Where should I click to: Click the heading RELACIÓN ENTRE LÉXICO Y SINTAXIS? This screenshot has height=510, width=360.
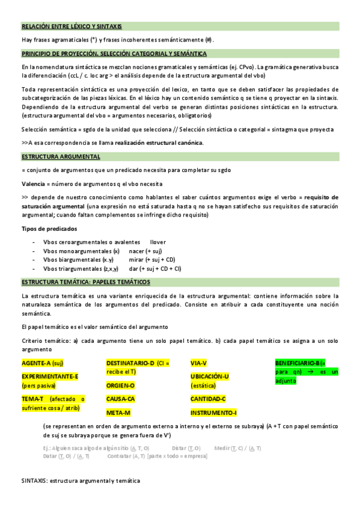click(x=72, y=26)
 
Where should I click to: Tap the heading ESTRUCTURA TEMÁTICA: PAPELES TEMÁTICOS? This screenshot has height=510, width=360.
click(x=86, y=282)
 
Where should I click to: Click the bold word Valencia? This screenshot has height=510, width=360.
click(x=34, y=183)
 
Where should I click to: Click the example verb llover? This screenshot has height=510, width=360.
click(x=158, y=242)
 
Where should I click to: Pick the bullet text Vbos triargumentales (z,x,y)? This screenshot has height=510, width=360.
click(x=81, y=269)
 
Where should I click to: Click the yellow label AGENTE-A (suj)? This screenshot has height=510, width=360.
click(x=42, y=364)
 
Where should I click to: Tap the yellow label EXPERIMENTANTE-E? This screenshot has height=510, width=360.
click(x=50, y=376)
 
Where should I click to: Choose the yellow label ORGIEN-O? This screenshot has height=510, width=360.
click(x=120, y=385)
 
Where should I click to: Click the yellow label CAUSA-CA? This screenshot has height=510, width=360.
click(x=121, y=399)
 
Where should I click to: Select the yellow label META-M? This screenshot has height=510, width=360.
click(x=118, y=413)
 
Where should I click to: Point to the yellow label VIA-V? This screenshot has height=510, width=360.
click(x=198, y=363)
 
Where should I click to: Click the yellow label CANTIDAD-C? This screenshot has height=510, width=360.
click(x=207, y=399)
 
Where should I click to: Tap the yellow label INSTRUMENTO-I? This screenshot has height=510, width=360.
click(x=213, y=413)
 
